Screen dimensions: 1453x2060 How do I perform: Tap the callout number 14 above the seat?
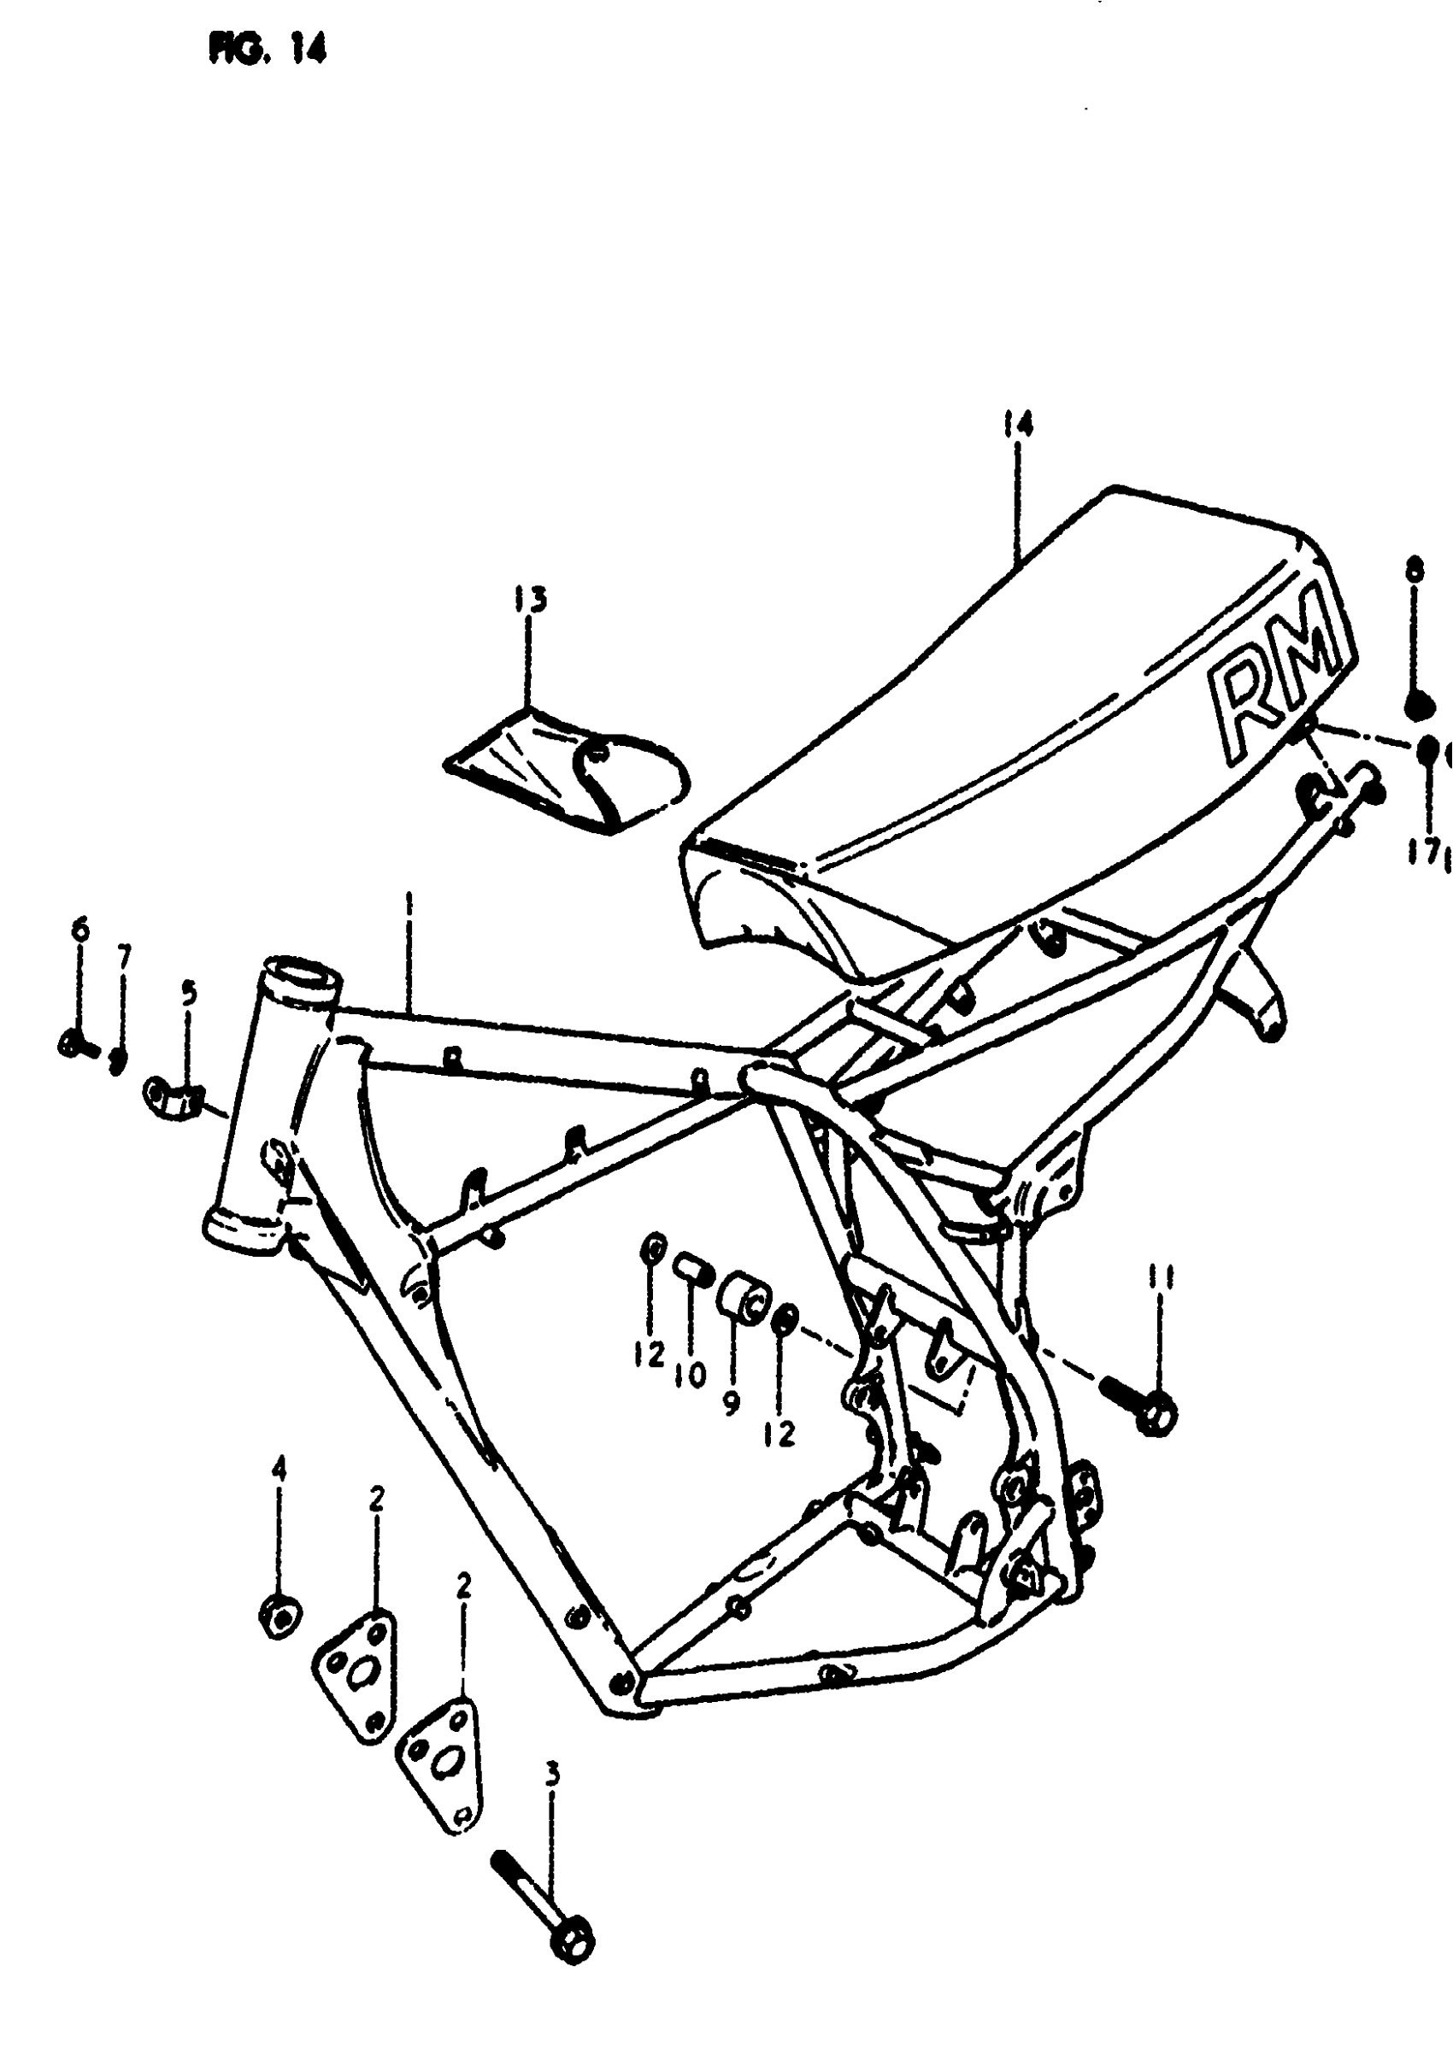(x=1018, y=424)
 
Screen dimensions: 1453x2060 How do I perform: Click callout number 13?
(x=531, y=599)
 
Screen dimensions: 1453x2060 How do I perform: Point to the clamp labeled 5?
(x=174, y=1097)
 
